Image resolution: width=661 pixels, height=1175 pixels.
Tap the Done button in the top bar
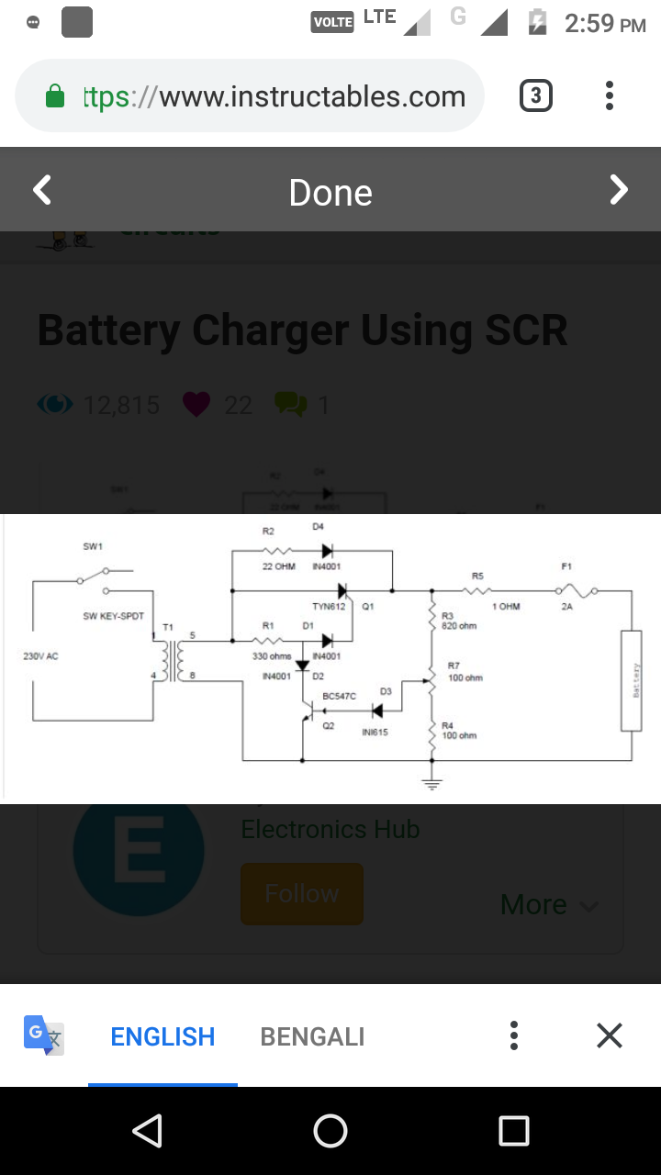coord(330,193)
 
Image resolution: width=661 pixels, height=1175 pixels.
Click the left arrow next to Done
coord(42,191)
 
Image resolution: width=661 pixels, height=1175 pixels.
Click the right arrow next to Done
coord(620,190)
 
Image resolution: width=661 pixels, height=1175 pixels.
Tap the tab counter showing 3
coord(536,96)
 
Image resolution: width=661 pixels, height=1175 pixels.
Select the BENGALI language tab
coord(312,1036)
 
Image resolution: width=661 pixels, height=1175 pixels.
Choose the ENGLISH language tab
coord(162,1036)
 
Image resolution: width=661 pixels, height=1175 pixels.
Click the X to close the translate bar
coord(610,1035)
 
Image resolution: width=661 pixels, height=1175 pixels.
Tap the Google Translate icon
coord(44,1035)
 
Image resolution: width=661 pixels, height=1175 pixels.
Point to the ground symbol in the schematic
coord(432,783)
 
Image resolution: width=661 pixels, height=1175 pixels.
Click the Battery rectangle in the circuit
coord(631,680)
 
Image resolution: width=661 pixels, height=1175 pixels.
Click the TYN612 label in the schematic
coord(328,607)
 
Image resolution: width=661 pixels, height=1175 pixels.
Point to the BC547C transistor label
coord(339,697)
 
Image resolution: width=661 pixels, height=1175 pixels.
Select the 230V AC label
coord(40,656)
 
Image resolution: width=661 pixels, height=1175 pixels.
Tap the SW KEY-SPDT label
coord(113,616)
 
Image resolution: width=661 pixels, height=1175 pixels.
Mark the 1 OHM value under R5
coord(505,607)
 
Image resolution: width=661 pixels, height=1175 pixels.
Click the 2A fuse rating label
coord(567,607)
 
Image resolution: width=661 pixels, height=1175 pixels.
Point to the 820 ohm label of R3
coord(459,625)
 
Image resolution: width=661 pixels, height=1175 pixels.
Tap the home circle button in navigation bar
coord(330,1131)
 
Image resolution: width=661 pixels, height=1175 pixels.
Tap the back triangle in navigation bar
coord(147,1131)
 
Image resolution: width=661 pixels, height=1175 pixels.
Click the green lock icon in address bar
coord(55,96)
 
